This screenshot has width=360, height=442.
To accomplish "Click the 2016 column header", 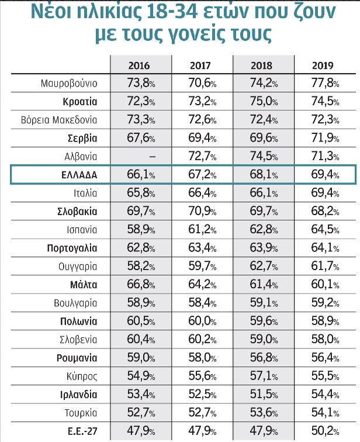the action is click(x=139, y=65).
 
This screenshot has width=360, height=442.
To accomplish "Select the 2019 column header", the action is click(x=323, y=65).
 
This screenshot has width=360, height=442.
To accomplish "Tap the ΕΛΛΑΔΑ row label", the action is click(x=79, y=175).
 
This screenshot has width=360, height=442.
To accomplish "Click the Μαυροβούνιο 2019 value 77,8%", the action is click(x=325, y=83).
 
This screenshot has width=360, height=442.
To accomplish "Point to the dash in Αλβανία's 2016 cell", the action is click(x=152, y=157).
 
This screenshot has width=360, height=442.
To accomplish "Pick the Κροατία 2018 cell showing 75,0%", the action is click(x=264, y=101).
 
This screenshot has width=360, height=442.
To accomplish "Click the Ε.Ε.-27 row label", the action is click(x=82, y=431).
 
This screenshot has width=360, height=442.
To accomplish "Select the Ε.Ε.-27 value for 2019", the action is click(x=325, y=431).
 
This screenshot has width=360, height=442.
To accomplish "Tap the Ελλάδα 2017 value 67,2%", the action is click(x=202, y=174).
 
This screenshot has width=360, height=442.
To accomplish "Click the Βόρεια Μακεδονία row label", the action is click(x=59, y=120).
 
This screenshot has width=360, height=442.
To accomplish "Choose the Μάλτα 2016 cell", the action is click(x=141, y=284).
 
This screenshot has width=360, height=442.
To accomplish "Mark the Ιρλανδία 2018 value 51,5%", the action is click(x=264, y=394).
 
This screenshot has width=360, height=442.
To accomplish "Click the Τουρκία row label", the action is click(x=81, y=413).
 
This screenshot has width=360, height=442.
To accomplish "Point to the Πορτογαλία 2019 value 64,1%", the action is click(x=325, y=248).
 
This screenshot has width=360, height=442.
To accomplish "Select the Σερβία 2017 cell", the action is click(x=202, y=138).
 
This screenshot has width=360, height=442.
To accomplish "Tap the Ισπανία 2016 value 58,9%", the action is click(x=141, y=229).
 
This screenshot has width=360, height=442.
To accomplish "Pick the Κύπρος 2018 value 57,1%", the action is click(x=264, y=376).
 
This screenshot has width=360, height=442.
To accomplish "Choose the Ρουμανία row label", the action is click(x=77, y=358).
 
